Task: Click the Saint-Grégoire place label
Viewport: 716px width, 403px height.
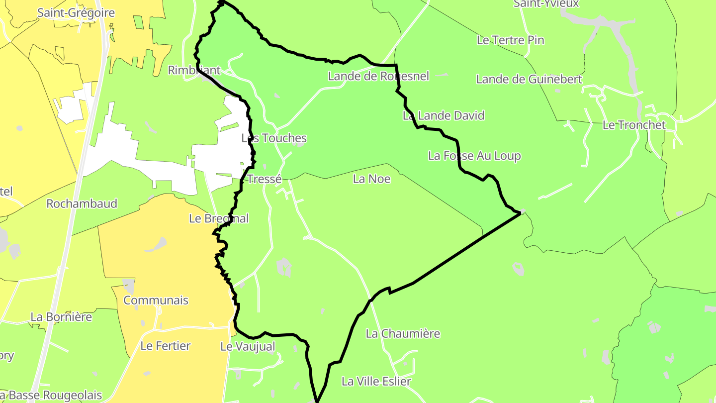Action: coord(76,13)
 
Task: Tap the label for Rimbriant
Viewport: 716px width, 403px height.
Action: coord(194,70)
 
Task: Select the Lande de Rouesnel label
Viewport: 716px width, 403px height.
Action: coord(378,76)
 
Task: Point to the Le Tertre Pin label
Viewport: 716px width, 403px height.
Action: coord(510,40)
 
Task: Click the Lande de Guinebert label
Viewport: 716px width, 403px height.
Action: coord(529,79)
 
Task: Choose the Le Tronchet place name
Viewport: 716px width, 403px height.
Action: coord(633,125)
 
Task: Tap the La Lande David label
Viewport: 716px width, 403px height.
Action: coord(443,116)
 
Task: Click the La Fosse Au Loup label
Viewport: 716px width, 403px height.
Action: coord(474,156)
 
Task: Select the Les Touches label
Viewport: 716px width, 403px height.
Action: coord(274,138)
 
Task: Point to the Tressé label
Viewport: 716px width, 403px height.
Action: coord(264,179)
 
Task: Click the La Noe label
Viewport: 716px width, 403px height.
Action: coord(371,179)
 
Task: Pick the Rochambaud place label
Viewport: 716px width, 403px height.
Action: coord(82,203)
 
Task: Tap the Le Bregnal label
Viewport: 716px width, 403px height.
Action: coord(219,218)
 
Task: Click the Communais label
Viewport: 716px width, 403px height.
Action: coord(156,300)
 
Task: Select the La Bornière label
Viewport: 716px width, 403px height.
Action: coord(61,317)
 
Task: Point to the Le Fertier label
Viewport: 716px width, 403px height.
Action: coord(165,346)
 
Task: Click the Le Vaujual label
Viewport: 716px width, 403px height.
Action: coord(248,347)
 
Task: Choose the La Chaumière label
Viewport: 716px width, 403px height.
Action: coord(403,333)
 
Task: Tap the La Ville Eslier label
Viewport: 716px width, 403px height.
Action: coord(376,382)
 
